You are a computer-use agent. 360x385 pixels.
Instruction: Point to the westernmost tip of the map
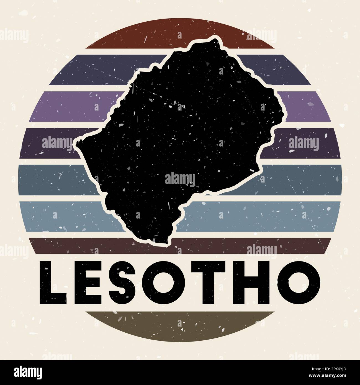click(77, 142)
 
